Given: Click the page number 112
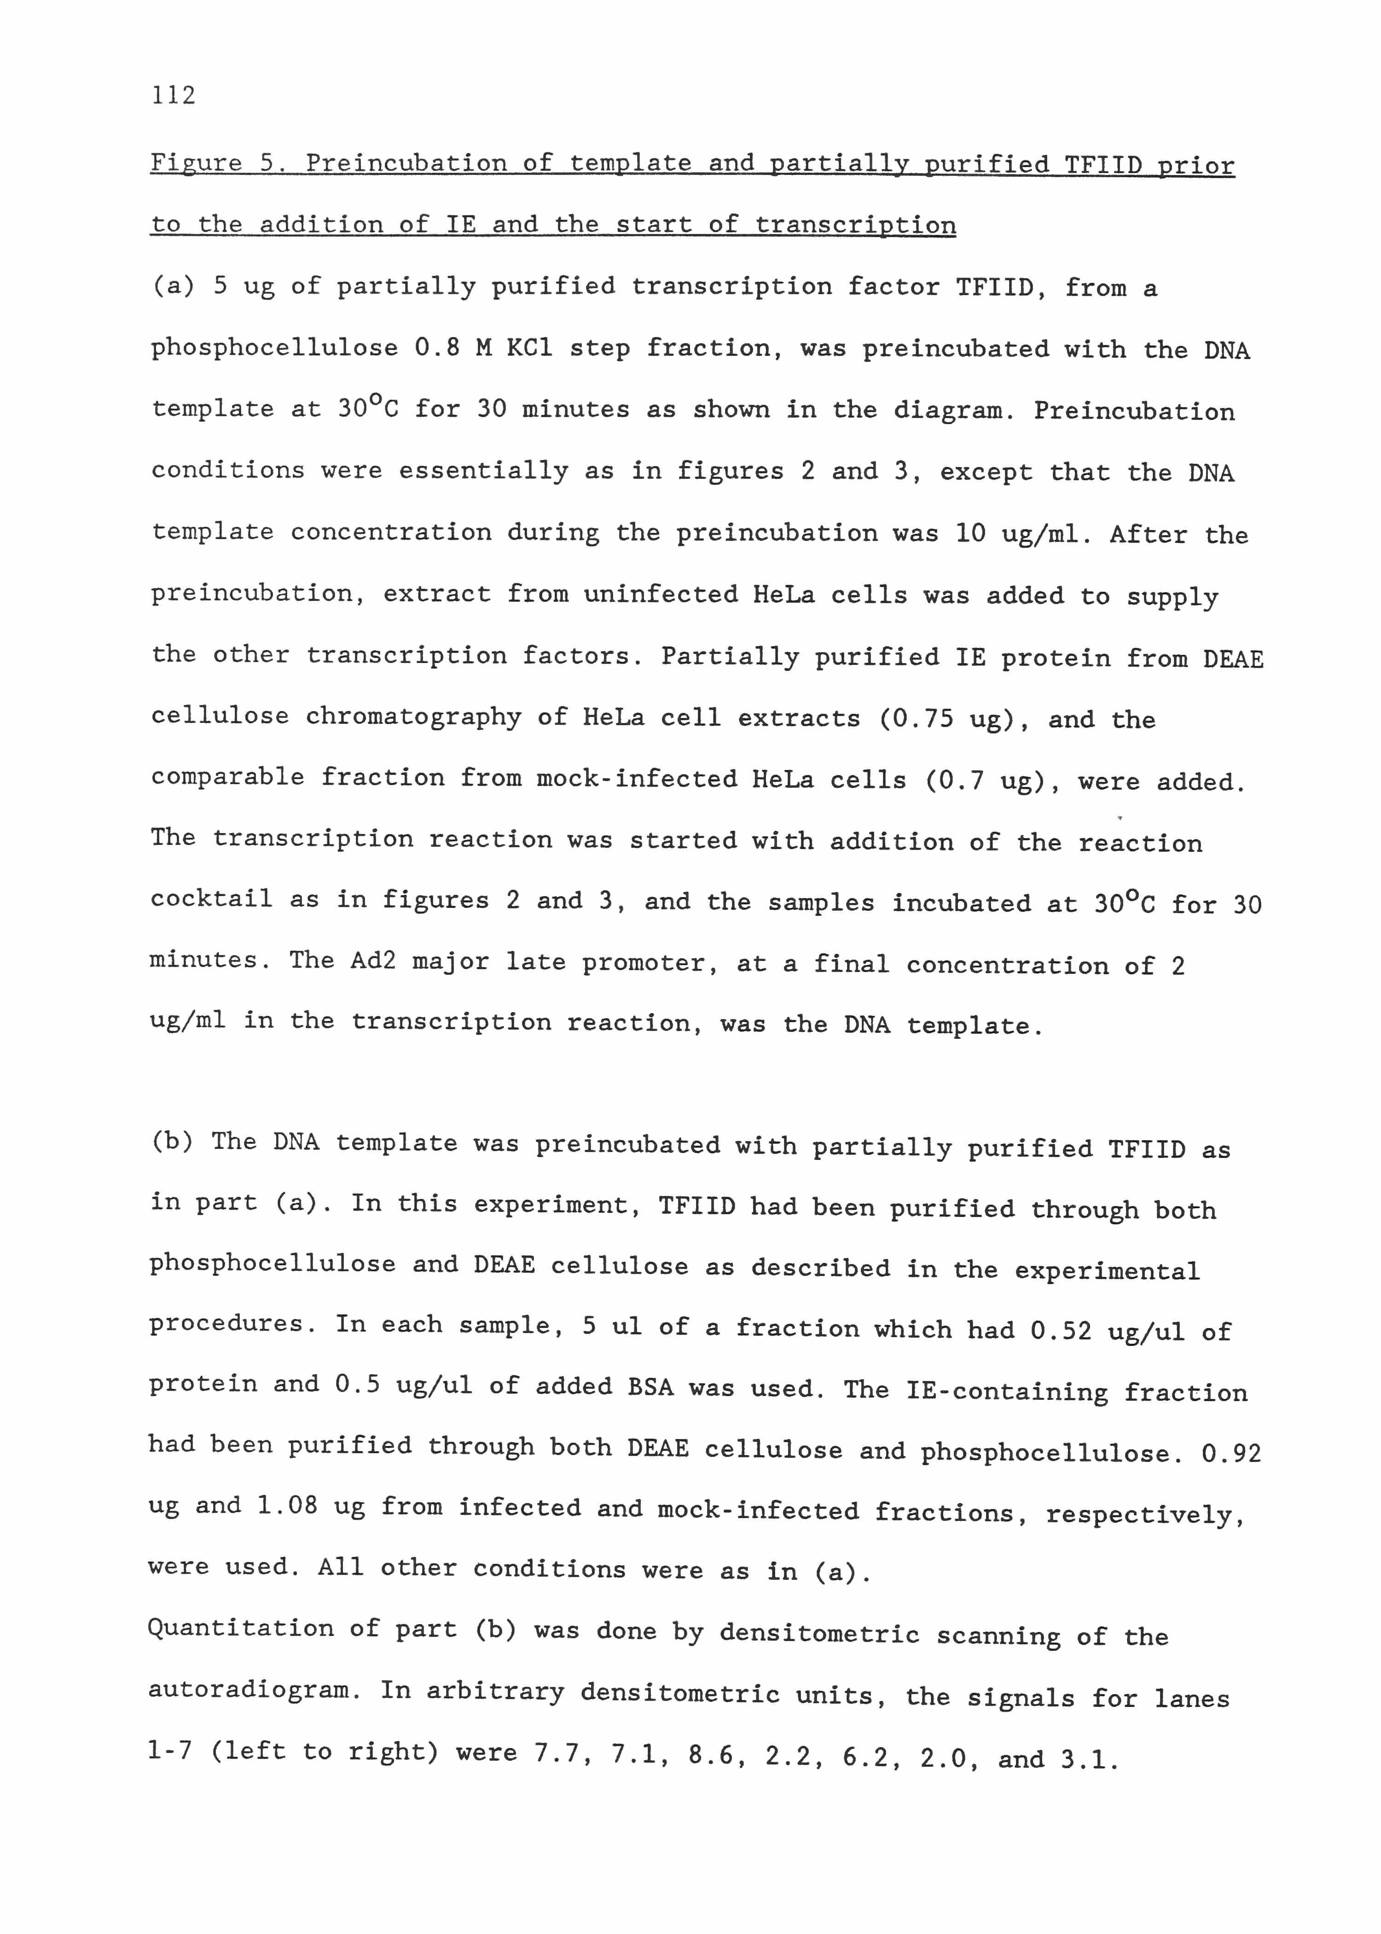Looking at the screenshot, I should (x=174, y=95).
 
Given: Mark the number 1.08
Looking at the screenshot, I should (x=287, y=1506).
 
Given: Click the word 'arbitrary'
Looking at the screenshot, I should (x=495, y=1692).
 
